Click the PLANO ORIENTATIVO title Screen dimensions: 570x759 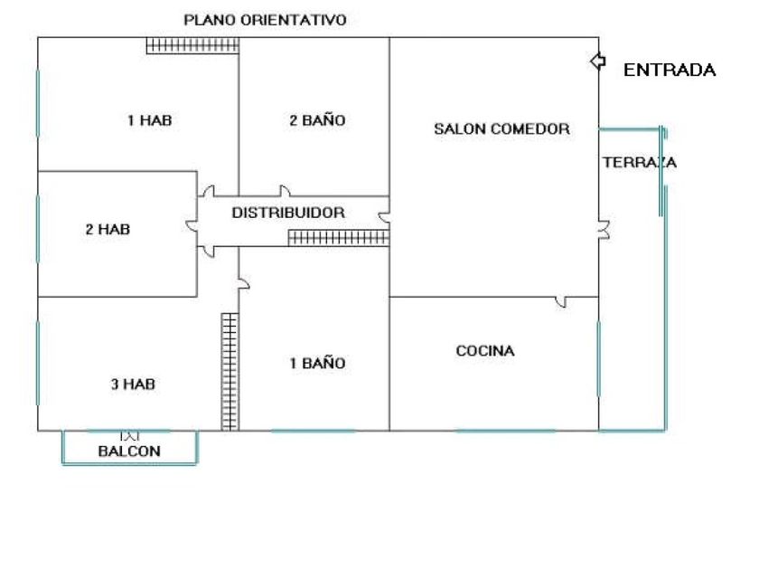[265, 19]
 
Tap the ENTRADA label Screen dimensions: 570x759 [670, 71]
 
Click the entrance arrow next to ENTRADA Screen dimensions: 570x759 [596, 61]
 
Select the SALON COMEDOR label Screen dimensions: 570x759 [501, 129]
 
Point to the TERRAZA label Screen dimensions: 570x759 [639, 163]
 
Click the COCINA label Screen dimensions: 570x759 [485, 351]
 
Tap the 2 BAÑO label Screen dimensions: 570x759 [317, 120]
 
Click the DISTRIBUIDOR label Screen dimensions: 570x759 [288, 214]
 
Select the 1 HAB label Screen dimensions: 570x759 [149, 120]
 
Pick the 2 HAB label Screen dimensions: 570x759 [108, 230]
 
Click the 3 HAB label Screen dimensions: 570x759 [133, 385]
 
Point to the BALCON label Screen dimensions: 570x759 [129, 451]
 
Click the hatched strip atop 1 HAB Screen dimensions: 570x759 [192, 45]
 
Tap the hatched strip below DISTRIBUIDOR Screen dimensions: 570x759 [339, 238]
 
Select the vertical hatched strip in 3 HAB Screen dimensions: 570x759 [230, 371]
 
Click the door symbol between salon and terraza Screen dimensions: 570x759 [604, 230]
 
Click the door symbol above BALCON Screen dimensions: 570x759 [132, 435]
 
